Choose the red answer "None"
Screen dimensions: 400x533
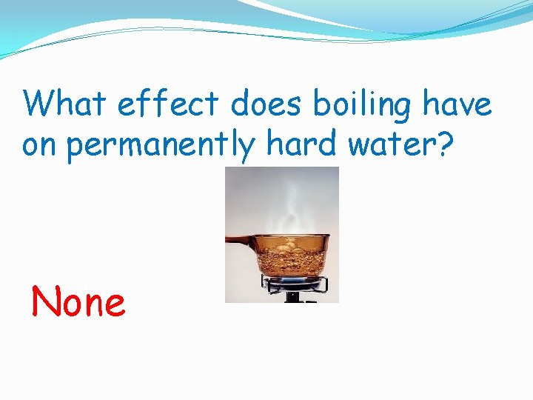(78, 302)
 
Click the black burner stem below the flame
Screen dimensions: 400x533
(293, 298)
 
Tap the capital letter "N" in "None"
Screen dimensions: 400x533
(44, 302)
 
